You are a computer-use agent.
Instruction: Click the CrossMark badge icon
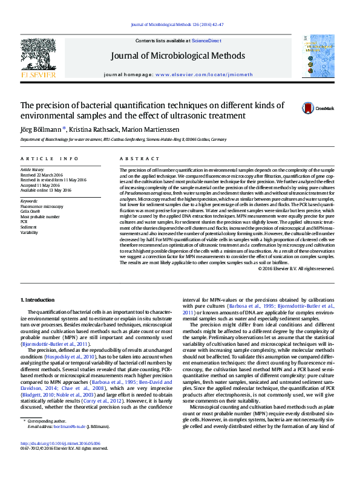coord(309,108)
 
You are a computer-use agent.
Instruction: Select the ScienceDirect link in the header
coord(206,41)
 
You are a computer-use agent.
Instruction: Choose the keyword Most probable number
coord(40,216)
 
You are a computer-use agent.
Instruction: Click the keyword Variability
coord(30,232)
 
